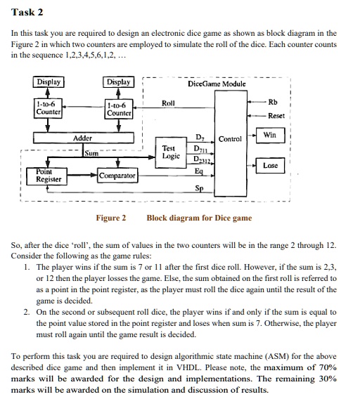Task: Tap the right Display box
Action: pyautogui.click(x=117, y=82)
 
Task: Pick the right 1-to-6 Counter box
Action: pyautogui.click(x=117, y=110)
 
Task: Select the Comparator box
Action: pyautogui.click(x=117, y=174)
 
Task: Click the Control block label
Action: pyautogui.click(x=231, y=139)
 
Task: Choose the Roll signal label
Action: pyautogui.click(x=168, y=103)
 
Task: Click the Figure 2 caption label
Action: pyautogui.click(x=111, y=218)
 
